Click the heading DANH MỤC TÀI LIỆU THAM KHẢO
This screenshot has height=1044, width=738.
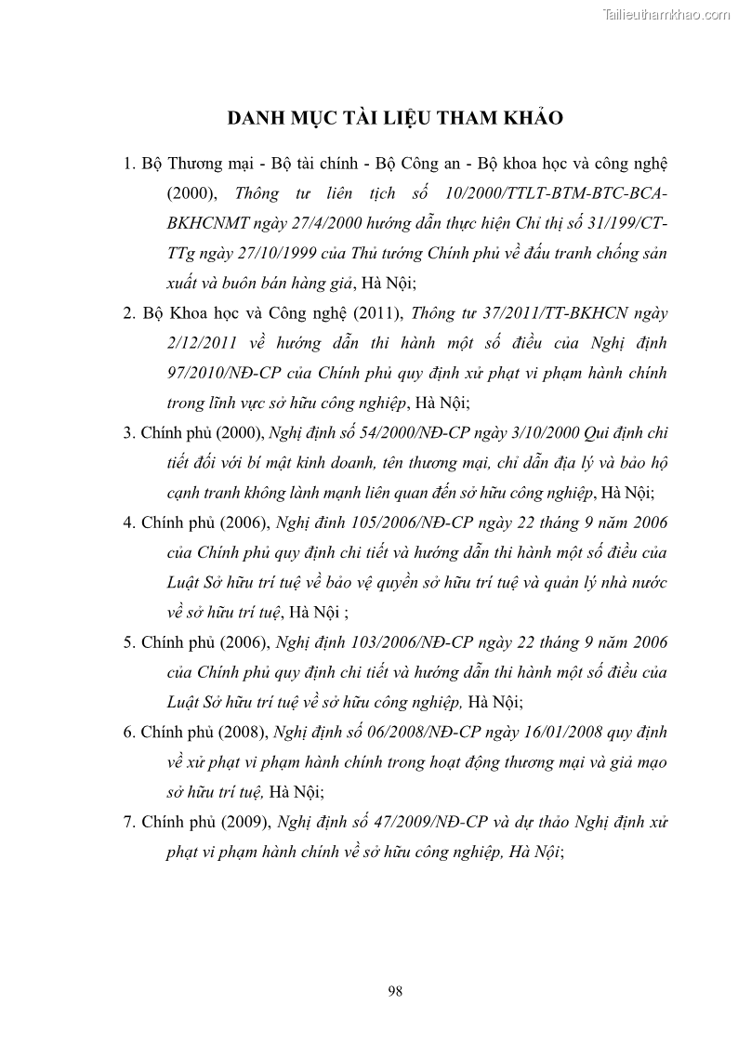pos(395,119)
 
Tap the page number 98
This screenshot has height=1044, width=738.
pos(395,991)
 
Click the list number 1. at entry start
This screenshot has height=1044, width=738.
pos(130,165)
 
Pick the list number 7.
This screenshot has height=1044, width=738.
pos(130,823)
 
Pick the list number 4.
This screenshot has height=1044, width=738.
pos(130,522)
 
